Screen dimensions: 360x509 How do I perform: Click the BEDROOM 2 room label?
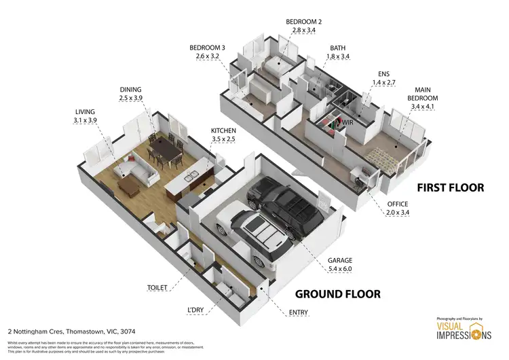(303, 22)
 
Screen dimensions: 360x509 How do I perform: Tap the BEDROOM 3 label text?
(208, 48)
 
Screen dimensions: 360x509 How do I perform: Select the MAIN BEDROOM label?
(422, 97)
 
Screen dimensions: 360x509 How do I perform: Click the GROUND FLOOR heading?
(337, 294)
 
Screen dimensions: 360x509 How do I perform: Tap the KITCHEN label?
(223, 130)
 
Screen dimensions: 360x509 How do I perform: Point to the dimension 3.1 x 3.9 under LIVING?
(86, 120)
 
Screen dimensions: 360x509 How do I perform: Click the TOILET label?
(157, 288)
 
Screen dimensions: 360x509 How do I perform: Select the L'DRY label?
(197, 310)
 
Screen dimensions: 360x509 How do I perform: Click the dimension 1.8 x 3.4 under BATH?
(337, 56)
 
